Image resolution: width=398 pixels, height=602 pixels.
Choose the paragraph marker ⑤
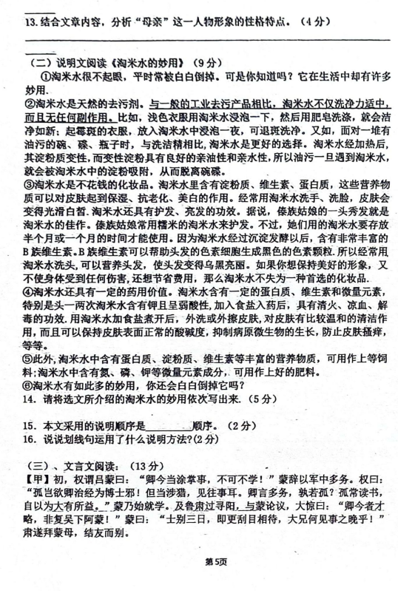(x=30, y=362)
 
